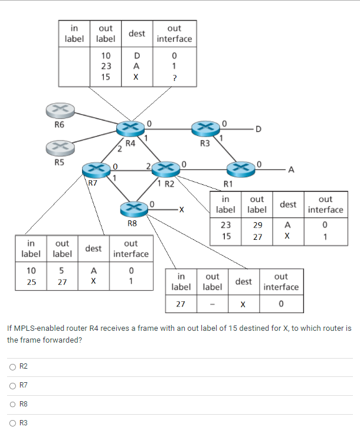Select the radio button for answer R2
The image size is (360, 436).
12,367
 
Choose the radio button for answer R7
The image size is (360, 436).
12,386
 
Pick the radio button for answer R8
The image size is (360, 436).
12,404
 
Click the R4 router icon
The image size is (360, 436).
130,128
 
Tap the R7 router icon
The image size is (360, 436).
96,169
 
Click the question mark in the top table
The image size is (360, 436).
174,77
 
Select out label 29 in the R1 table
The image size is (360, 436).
257,225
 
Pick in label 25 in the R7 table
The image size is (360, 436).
31,282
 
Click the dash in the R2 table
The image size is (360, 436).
212,305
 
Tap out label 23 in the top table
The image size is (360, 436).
106,67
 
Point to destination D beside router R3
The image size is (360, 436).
257,129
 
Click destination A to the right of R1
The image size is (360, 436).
290,170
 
